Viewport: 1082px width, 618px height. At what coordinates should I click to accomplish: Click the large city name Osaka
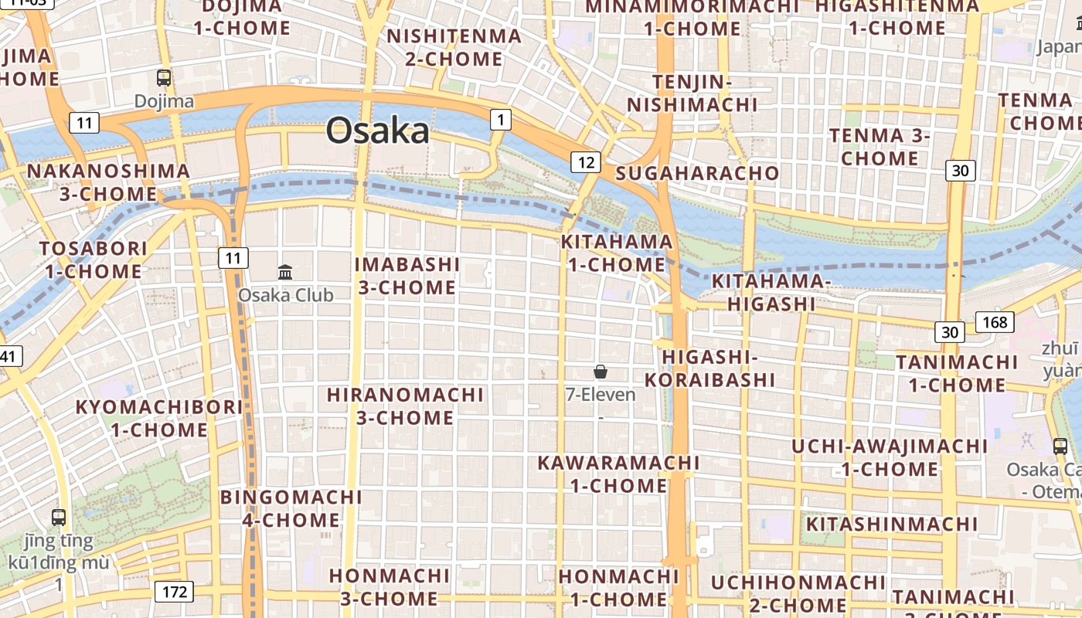tap(377, 131)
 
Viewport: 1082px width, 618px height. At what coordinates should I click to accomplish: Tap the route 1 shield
tap(501, 120)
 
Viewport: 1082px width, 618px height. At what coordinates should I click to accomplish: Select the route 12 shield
tap(586, 162)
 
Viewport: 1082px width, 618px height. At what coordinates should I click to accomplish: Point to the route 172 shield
tap(174, 593)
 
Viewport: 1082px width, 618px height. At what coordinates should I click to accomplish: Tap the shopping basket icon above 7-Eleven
tap(601, 372)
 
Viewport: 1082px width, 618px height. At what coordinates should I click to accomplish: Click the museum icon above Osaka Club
tap(285, 272)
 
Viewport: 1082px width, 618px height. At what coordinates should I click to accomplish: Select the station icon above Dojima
tap(164, 78)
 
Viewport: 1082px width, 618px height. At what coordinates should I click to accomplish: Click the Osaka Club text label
tap(285, 295)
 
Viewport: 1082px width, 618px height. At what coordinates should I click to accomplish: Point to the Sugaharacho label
tap(697, 173)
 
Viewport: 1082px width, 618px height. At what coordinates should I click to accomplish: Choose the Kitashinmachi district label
tap(892, 525)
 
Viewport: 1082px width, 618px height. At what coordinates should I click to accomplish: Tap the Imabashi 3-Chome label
tap(407, 276)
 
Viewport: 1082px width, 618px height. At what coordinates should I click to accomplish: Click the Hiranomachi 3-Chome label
tap(405, 406)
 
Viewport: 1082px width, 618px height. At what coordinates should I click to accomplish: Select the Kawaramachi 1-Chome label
tap(618, 474)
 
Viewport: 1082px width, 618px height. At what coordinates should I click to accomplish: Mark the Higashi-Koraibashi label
tap(709, 368)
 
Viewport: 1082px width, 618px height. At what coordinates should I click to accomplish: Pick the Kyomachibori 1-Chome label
tap(159, 418)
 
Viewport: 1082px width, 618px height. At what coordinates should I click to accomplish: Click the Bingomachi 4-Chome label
tap(291, 508)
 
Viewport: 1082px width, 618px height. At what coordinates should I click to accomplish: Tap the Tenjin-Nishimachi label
tap(692, 93)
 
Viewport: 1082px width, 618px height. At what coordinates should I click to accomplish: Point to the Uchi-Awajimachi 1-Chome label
tap(890, 457)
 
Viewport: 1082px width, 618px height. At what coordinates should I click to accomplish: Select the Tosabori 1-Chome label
tap(94, 260)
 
